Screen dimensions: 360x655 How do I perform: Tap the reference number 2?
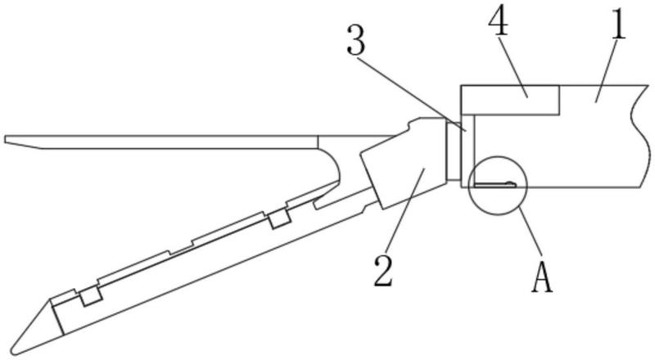pos(384,270)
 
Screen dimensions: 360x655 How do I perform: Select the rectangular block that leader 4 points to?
pos(510,99)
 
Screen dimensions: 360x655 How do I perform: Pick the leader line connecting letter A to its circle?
pos(531,238)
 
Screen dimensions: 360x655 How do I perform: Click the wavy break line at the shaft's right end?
pos(637,135)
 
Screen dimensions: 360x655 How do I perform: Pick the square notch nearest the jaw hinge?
pos(279,218)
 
